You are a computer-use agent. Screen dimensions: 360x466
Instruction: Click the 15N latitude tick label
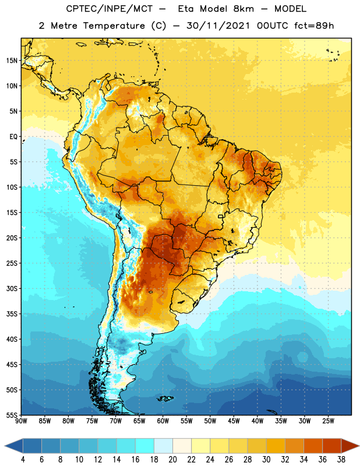pos(12,61)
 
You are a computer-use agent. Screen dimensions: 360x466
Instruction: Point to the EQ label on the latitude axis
pos(13,137)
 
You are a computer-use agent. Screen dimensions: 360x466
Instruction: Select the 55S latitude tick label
pos(12,415)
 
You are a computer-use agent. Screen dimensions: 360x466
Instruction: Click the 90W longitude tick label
pos(21,421)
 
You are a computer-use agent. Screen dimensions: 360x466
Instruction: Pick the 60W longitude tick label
pos(163,421)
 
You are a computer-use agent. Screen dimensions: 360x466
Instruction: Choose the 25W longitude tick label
pos(328,421)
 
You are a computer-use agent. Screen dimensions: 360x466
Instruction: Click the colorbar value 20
pos(172,460)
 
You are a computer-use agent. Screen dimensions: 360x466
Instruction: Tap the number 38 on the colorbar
pos(341,460)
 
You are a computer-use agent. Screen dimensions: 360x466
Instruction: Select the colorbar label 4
pos(23,460)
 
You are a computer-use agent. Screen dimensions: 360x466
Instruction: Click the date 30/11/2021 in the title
pos(218,26)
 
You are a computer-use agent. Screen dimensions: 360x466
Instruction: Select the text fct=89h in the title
pos(314,26)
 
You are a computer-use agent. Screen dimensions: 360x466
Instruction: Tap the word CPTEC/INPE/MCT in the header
pos(109,9)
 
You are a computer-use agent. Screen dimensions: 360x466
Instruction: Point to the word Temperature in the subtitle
pos(114,26)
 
